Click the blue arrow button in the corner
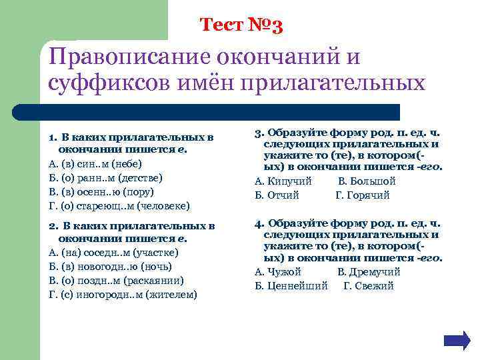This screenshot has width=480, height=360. point(457,340)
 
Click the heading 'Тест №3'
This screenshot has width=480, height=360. point(242,25)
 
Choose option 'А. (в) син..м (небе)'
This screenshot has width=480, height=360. point(96,163)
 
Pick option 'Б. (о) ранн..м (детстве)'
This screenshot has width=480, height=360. point(106,177)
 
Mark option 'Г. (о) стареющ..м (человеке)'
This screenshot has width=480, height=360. point(120,205)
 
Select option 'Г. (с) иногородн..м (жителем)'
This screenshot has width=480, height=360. point(123,295)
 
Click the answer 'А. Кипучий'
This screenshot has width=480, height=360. point(283,181)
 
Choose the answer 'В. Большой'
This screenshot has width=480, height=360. point(367,181)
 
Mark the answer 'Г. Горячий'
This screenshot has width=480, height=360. point(362,195)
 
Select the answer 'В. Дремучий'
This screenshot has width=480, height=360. point(369,272)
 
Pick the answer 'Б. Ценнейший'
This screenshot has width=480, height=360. point(292,286)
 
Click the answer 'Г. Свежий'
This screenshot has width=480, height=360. point(369,286)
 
